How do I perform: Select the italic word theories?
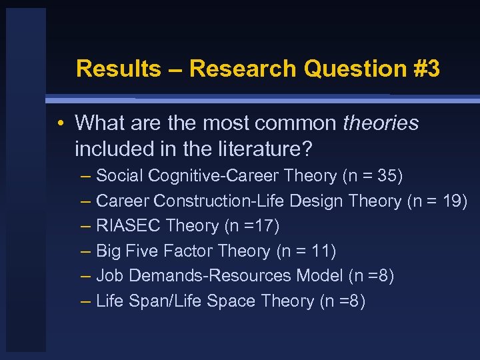point(381,123)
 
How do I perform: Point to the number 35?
point(387,176)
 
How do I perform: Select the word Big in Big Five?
point(109,251)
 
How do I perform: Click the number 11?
point(321,251)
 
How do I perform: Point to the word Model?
point(322,276)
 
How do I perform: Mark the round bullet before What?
point(61,123)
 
